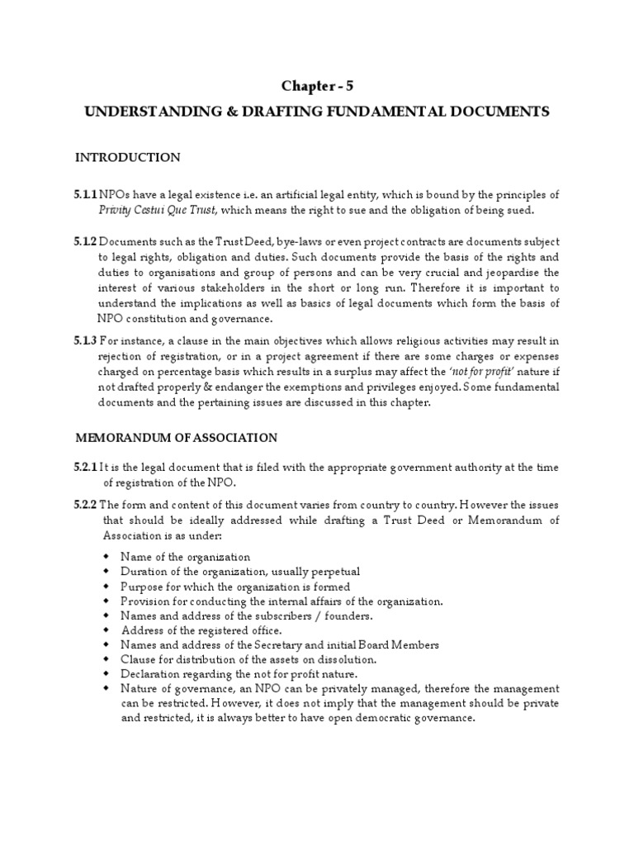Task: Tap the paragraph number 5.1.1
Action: click(x=84, y=195)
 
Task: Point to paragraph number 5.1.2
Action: click(x=84, y=241)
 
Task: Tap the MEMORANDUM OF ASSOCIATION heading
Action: click(x=177, y=437)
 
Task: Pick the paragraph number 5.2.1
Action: click(x=84, y=468)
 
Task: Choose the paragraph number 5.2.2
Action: click(x=84, y=505)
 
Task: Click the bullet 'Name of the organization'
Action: click(x=185, y=557)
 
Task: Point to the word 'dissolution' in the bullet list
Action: click(x=346, y=659)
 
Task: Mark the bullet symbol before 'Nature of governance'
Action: click(x=106, y=688)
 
